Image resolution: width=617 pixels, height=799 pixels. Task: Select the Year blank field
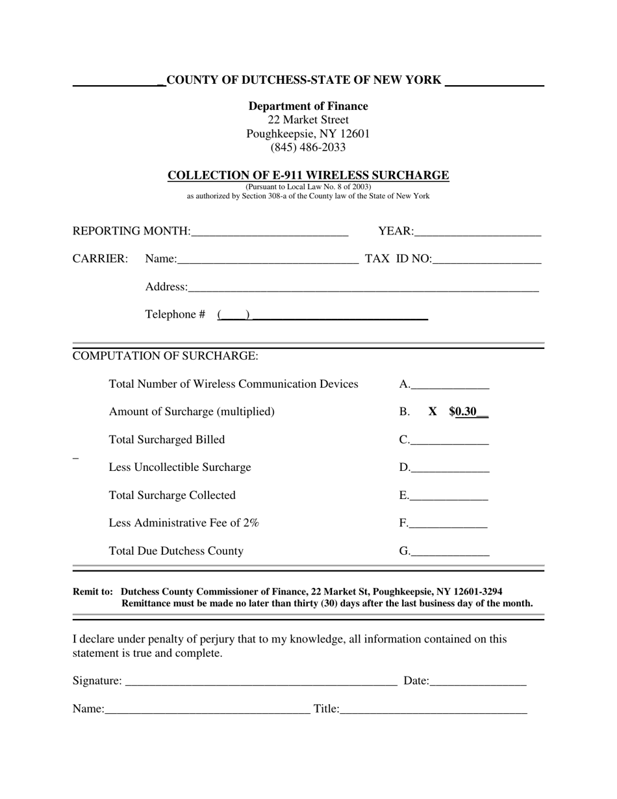477,232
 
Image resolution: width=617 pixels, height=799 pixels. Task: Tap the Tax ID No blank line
486,259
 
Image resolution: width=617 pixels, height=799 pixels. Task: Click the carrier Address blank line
363,288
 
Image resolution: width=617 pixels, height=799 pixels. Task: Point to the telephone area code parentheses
234,315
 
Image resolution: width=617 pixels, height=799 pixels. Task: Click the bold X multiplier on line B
433,412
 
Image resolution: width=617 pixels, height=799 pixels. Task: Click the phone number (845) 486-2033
308,147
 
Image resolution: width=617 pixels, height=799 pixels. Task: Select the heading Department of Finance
308,106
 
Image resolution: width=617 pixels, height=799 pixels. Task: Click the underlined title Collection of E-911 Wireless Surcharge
308,175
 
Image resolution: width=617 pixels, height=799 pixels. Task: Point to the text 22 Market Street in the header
308,120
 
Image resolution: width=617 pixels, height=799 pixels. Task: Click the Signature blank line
260,681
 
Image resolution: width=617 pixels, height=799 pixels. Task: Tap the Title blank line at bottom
433,709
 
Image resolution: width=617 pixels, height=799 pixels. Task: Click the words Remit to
92,592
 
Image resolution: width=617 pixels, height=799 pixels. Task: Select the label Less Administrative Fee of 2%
184,523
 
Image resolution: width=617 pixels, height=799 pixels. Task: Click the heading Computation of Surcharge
165,356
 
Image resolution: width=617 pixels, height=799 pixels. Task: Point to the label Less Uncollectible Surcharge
179,468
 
